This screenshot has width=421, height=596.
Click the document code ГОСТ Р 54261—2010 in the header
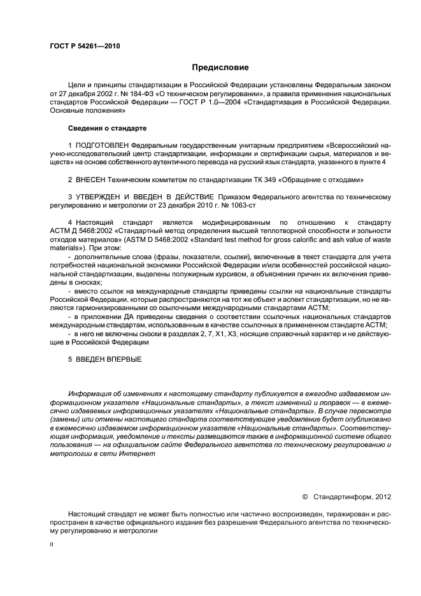click(85, 46)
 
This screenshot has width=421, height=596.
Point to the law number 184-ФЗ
click(136, 93)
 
